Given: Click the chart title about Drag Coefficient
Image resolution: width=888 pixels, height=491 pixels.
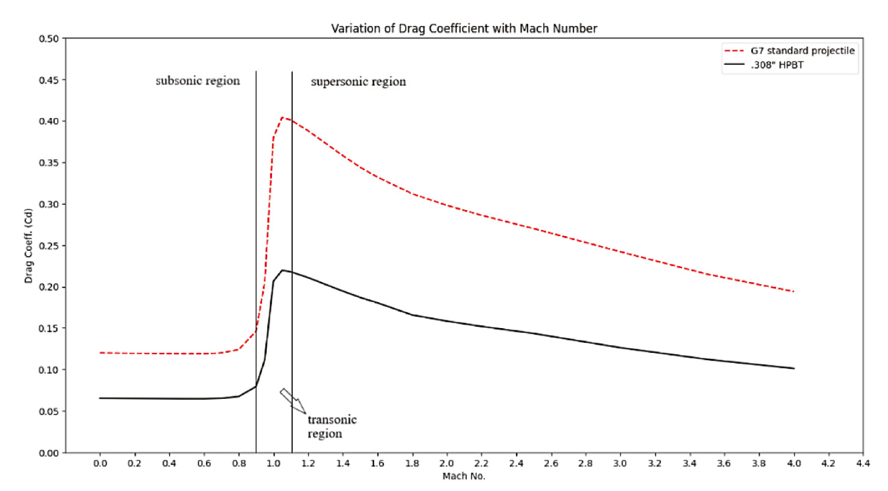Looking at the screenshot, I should [464, 28].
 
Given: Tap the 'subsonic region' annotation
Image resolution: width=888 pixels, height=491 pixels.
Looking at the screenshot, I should [198, 81].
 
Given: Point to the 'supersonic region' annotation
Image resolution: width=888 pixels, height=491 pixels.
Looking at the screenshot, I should [358, 81].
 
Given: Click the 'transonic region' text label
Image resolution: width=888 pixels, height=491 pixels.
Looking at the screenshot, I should [331, 427].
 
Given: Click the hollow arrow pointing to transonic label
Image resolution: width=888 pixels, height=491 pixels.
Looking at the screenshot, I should [293, 401].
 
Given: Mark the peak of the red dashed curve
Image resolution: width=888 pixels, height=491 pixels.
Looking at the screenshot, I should [282, 117].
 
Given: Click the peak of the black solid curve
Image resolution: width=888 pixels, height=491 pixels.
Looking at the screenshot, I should [282, 270].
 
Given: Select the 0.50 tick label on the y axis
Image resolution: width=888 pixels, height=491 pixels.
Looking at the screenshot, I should [49, 39].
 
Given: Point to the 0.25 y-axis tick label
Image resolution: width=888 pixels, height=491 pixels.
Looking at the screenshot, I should [49, 245].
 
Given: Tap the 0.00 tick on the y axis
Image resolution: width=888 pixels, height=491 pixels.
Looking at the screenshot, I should [49, 453].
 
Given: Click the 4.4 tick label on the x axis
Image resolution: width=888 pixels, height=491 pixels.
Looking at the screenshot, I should [863, 463].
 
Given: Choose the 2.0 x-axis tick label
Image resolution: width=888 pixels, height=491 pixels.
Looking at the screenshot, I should [447, 463].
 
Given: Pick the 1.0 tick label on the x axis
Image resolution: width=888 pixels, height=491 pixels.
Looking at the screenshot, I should [273, 463].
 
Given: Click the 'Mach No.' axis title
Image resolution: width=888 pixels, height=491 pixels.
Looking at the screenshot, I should [464, 476].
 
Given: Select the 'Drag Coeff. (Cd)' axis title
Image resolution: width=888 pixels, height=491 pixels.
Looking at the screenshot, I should [28, 245].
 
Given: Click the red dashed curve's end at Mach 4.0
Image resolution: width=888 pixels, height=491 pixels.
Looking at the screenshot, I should [794, 292].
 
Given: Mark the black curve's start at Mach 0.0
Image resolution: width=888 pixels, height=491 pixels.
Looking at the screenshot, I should [100, 398].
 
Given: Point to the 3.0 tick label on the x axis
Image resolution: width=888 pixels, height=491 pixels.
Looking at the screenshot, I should [620, 463].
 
